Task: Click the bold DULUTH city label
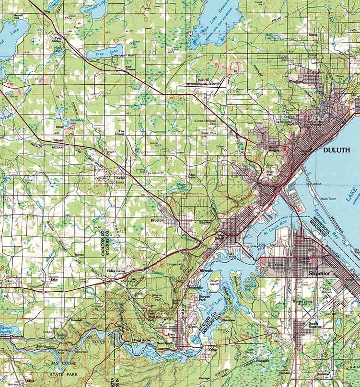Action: click(337, 150)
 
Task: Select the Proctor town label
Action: click(157, 220)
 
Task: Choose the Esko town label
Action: click(54, 277)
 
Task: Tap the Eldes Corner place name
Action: click(116, 271)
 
